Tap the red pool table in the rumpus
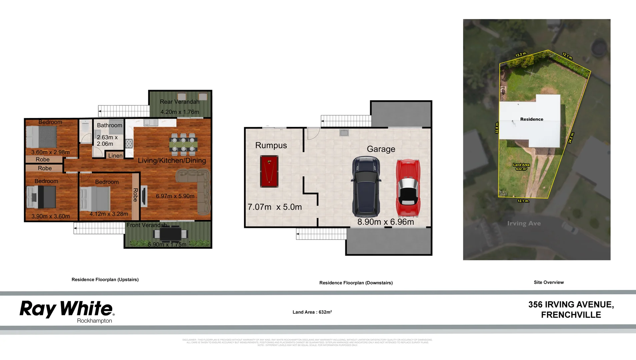pos(269,171)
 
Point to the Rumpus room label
pos(271,145)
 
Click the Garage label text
pos(381,149)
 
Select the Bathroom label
pos(109,125)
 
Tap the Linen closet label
pos(115,156)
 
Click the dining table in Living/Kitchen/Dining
pos(183,145)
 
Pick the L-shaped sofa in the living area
pos(197,190)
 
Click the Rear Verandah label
pos(179,102)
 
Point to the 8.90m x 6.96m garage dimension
pos(386,222)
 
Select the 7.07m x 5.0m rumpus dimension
pos(275,207)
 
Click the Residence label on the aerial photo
pos(532,119)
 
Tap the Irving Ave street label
pos(524,223)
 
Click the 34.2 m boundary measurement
pos(571,138)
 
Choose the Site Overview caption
pos(549,282)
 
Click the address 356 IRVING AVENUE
pos(571,304)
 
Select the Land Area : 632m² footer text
pos(312,312)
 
